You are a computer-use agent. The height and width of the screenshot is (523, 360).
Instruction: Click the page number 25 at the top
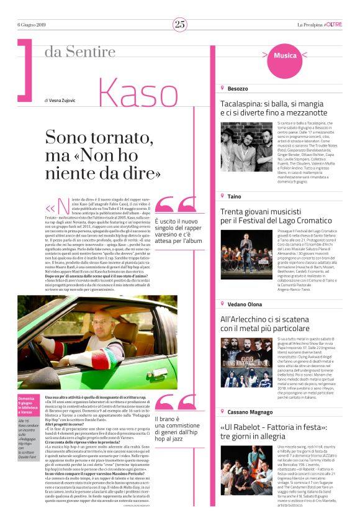pos(179,24)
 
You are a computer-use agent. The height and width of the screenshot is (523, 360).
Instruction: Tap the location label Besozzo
pos(237,89)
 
